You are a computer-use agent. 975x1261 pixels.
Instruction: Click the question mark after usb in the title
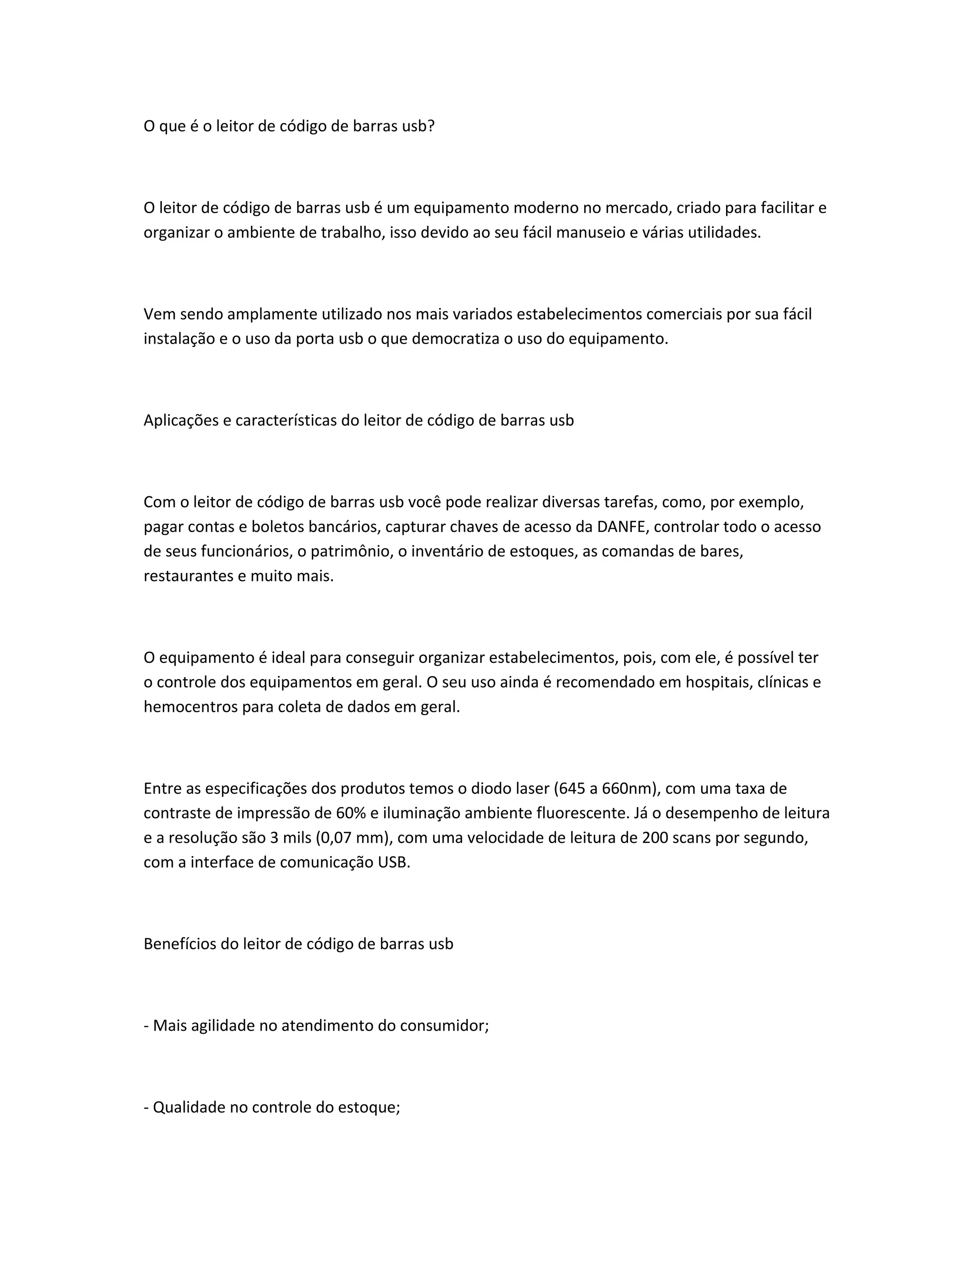(430, 126)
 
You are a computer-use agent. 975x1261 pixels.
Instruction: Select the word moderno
(549, 208)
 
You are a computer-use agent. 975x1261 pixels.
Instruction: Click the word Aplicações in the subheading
(179, 420)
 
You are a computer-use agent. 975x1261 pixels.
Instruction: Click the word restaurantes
(189, 576)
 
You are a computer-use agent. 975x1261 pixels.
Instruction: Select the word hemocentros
(190, 707)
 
